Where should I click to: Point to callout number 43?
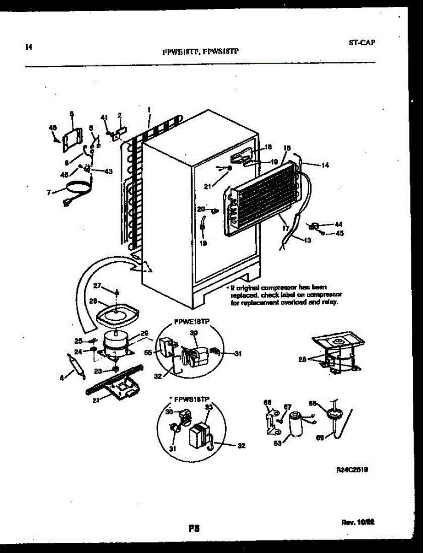coord(108,171)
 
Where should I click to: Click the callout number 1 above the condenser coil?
coord(149,110)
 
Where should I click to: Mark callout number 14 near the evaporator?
coord(325,165)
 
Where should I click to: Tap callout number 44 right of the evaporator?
coord(339,224)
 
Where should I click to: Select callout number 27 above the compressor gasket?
coord(97,286)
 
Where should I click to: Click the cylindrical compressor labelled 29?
coord(115,344)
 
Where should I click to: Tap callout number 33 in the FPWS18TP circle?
coord(209,407)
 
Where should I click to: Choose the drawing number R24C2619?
coord(352,471)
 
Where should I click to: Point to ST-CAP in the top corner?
coord(361,43)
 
